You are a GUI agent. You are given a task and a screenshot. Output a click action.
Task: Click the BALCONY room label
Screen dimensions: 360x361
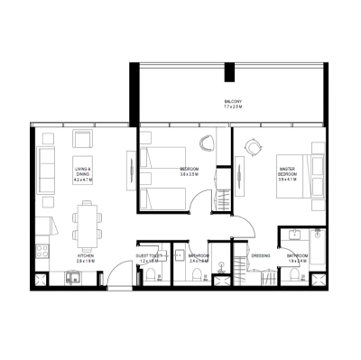pos(233,101)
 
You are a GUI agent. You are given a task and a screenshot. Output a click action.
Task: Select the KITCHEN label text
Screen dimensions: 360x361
pos(87,255)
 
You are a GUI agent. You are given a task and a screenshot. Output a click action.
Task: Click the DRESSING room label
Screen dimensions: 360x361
pos(261,255)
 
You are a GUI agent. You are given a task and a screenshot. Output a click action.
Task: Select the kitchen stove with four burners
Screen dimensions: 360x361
pos(40,249)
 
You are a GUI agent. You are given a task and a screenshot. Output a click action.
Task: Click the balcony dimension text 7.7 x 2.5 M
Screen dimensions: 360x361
pos(233,107)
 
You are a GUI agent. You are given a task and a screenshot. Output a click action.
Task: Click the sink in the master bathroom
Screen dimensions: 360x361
pos(293,236)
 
